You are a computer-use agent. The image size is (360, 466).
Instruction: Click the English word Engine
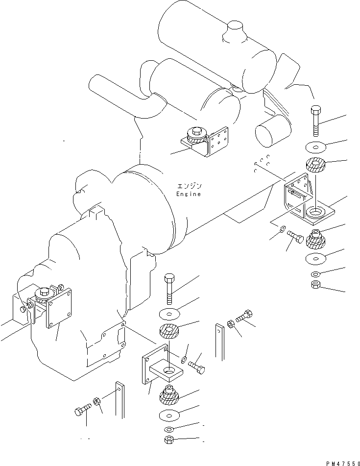point(188,194)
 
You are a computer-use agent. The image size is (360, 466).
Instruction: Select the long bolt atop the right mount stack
point(315,123)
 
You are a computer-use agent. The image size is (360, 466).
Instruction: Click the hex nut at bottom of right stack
point(315,285)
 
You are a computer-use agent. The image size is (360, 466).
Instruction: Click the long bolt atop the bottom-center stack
point(169,289)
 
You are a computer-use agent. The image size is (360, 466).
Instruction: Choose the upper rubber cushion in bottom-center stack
point(169,334)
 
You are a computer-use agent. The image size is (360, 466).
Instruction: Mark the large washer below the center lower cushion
point(169,416)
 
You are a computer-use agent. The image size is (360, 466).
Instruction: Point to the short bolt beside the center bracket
point(196,366)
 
